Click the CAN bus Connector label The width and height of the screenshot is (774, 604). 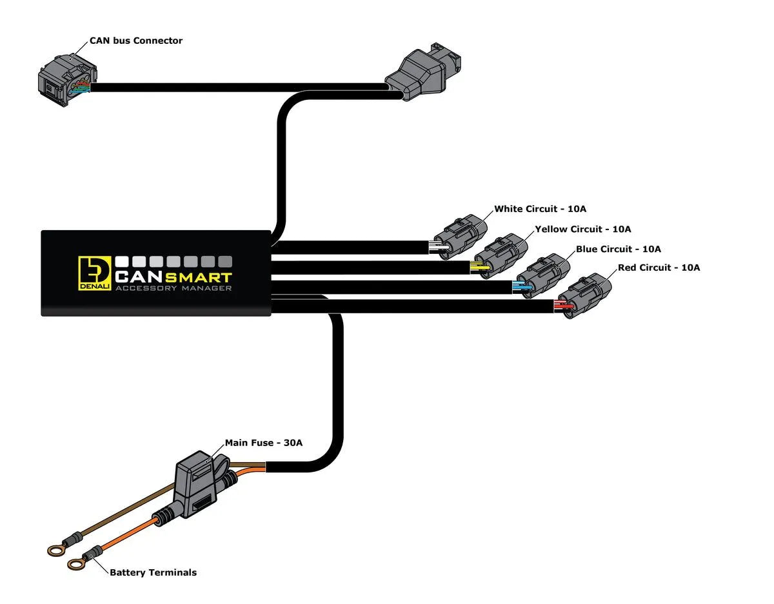pyautogui.click(x=135, y=41)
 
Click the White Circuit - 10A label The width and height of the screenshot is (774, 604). pyautogui.click(x=540, y=209)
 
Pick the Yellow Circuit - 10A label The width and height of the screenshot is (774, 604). pyautogui.click(x=582, y=229)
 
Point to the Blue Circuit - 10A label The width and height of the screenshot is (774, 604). pyautogui.click(x=618, y=249)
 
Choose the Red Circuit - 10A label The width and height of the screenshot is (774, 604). pyautogui.click(x=659, y=268)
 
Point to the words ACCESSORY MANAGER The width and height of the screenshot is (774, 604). pyautogui.click(x=173, y=289)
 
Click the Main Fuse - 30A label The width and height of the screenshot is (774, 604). pyautogui.click(x=263, y=443)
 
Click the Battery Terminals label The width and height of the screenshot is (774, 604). pyautogui.click(x=153, y=572)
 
